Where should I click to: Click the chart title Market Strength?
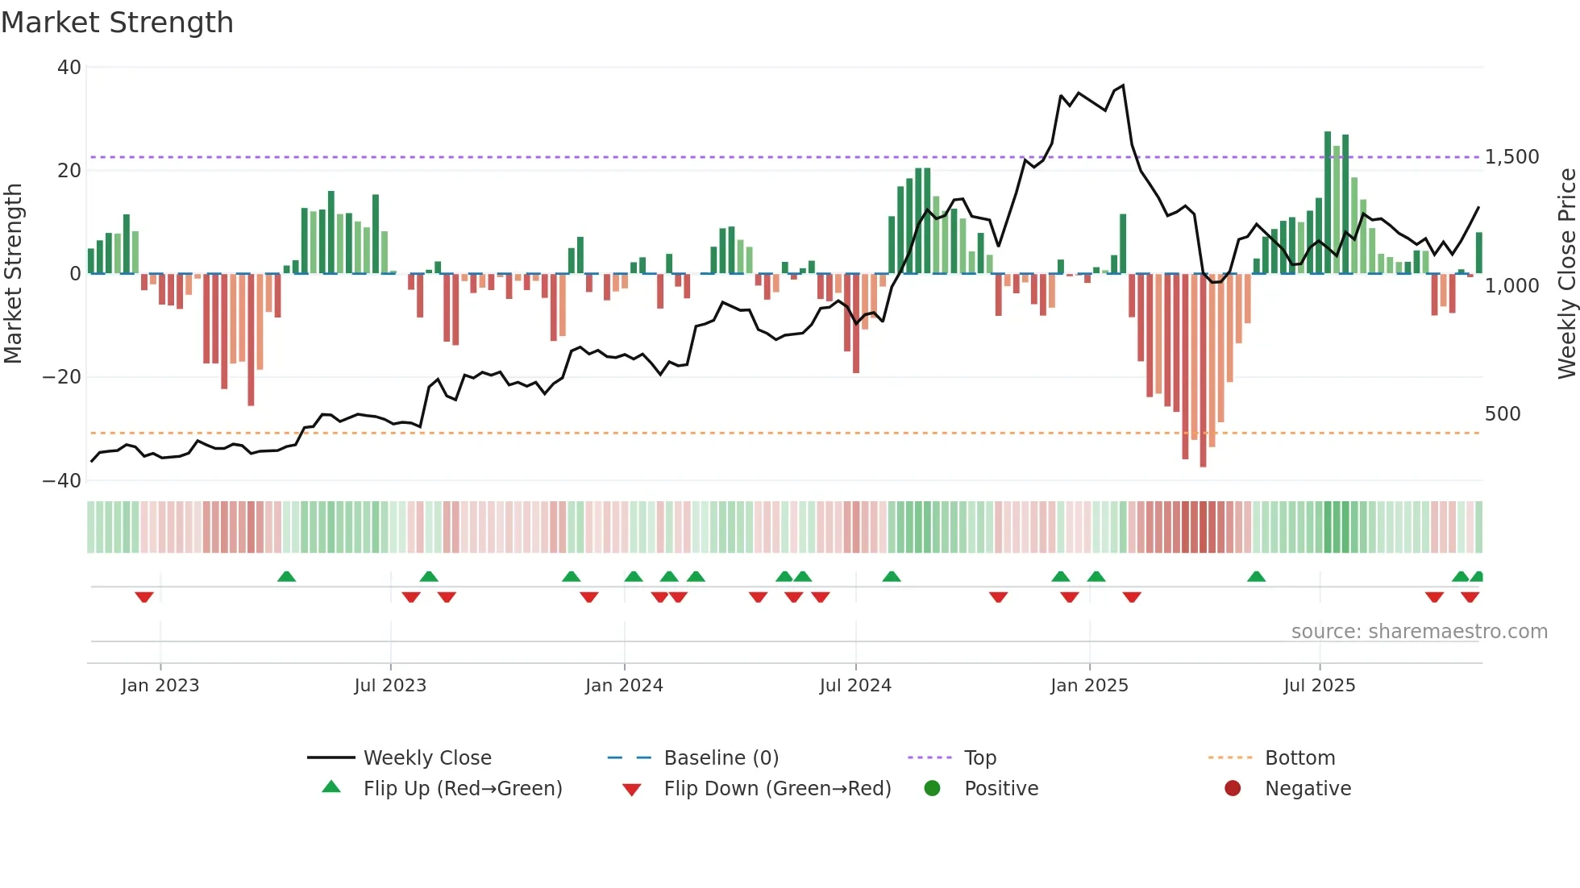pos(117,23)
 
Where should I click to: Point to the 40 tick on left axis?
pos(69,68)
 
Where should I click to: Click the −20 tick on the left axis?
pos(63,377)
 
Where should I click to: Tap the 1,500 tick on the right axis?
pos(1511,157)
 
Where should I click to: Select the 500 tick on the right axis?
pos(1502,414)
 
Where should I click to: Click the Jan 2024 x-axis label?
pos(624,686)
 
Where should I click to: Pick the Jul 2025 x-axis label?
pos(1319,686)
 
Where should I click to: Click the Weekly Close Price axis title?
pos(1566,274)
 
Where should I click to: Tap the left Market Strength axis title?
pos(14,274)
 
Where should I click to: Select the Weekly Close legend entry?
pos(426,758)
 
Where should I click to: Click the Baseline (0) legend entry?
pos(721,758)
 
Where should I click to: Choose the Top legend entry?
pos(979,758)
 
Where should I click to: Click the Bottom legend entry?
pos(1299,758)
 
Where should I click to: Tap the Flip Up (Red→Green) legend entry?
pos(462,789)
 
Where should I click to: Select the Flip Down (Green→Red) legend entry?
pos(777,789)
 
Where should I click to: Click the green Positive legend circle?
pos(932,789)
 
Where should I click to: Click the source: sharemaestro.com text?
pos(1419,632)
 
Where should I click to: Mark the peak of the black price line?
pos(1123,85)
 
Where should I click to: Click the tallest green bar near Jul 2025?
pos(1328,201)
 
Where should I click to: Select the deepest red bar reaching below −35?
pos(1203,371)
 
